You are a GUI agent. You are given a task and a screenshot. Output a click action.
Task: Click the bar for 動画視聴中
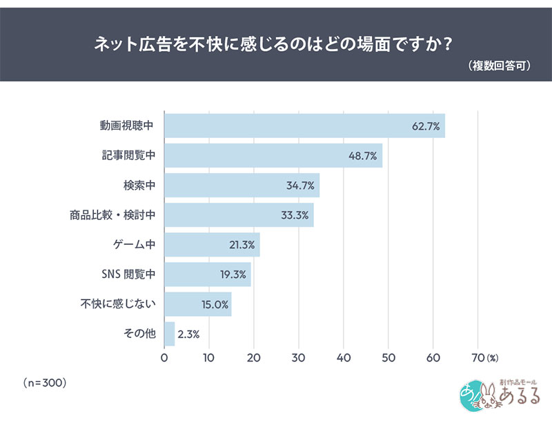(305, 126)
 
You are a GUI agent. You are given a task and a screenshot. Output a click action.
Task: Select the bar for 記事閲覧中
(273, 155)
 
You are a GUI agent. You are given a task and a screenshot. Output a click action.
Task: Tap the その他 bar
(170, 334)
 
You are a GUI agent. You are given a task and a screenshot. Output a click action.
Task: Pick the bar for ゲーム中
(213, 245)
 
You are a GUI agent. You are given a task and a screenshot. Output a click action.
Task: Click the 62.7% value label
(426, 126)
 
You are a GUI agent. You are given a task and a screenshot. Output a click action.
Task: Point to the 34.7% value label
(300, 186)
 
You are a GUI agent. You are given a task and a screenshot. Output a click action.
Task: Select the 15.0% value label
(215, 304)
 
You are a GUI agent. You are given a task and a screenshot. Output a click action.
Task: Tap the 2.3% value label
(188, 334)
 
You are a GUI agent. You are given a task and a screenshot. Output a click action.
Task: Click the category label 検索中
(139, 185)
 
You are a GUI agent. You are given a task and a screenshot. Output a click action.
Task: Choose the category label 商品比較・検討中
(112, 214)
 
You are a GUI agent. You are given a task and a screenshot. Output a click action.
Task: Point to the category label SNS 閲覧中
(128, 274)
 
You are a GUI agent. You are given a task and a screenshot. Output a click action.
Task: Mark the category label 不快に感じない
(118, 303)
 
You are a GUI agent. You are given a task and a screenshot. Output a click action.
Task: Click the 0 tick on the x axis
(164, 358)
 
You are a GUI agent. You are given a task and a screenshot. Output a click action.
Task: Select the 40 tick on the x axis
(344, 358)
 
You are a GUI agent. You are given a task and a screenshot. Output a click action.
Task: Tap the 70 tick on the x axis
(478, 358)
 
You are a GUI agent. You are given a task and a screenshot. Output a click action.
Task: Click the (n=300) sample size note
(45, 383)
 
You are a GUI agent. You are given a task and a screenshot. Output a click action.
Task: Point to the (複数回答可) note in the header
(499, 66)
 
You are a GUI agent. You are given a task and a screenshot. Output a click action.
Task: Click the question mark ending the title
(448, 44)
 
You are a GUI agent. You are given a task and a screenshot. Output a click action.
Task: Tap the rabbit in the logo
(488, 397)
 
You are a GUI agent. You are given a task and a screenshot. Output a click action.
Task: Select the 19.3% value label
(233, 275)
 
